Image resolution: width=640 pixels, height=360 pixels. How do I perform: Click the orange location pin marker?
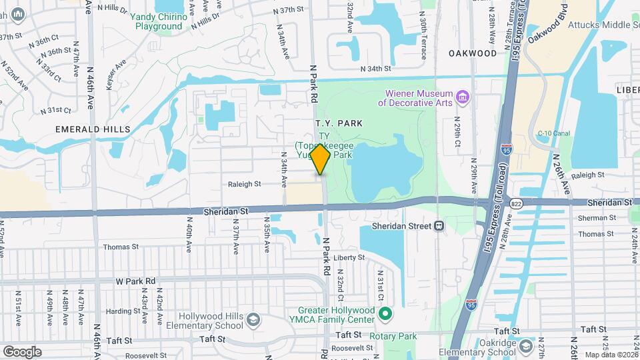(321, 159)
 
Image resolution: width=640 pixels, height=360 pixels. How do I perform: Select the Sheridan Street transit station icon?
(439, 225)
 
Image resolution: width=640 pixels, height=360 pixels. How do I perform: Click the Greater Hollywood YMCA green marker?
(385, 313)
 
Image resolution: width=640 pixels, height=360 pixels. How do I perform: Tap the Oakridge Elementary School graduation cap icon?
(525, 347)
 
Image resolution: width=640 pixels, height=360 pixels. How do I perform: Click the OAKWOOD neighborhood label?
(473, 53)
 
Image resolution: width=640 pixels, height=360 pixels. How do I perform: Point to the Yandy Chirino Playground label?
(159, 21)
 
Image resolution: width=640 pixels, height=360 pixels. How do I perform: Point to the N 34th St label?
(375, 69)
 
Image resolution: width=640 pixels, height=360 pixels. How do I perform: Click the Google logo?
(22, 351)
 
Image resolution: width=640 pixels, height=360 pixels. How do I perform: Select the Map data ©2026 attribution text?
(611, 355)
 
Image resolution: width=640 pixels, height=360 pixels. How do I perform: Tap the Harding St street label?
(122, 311)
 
